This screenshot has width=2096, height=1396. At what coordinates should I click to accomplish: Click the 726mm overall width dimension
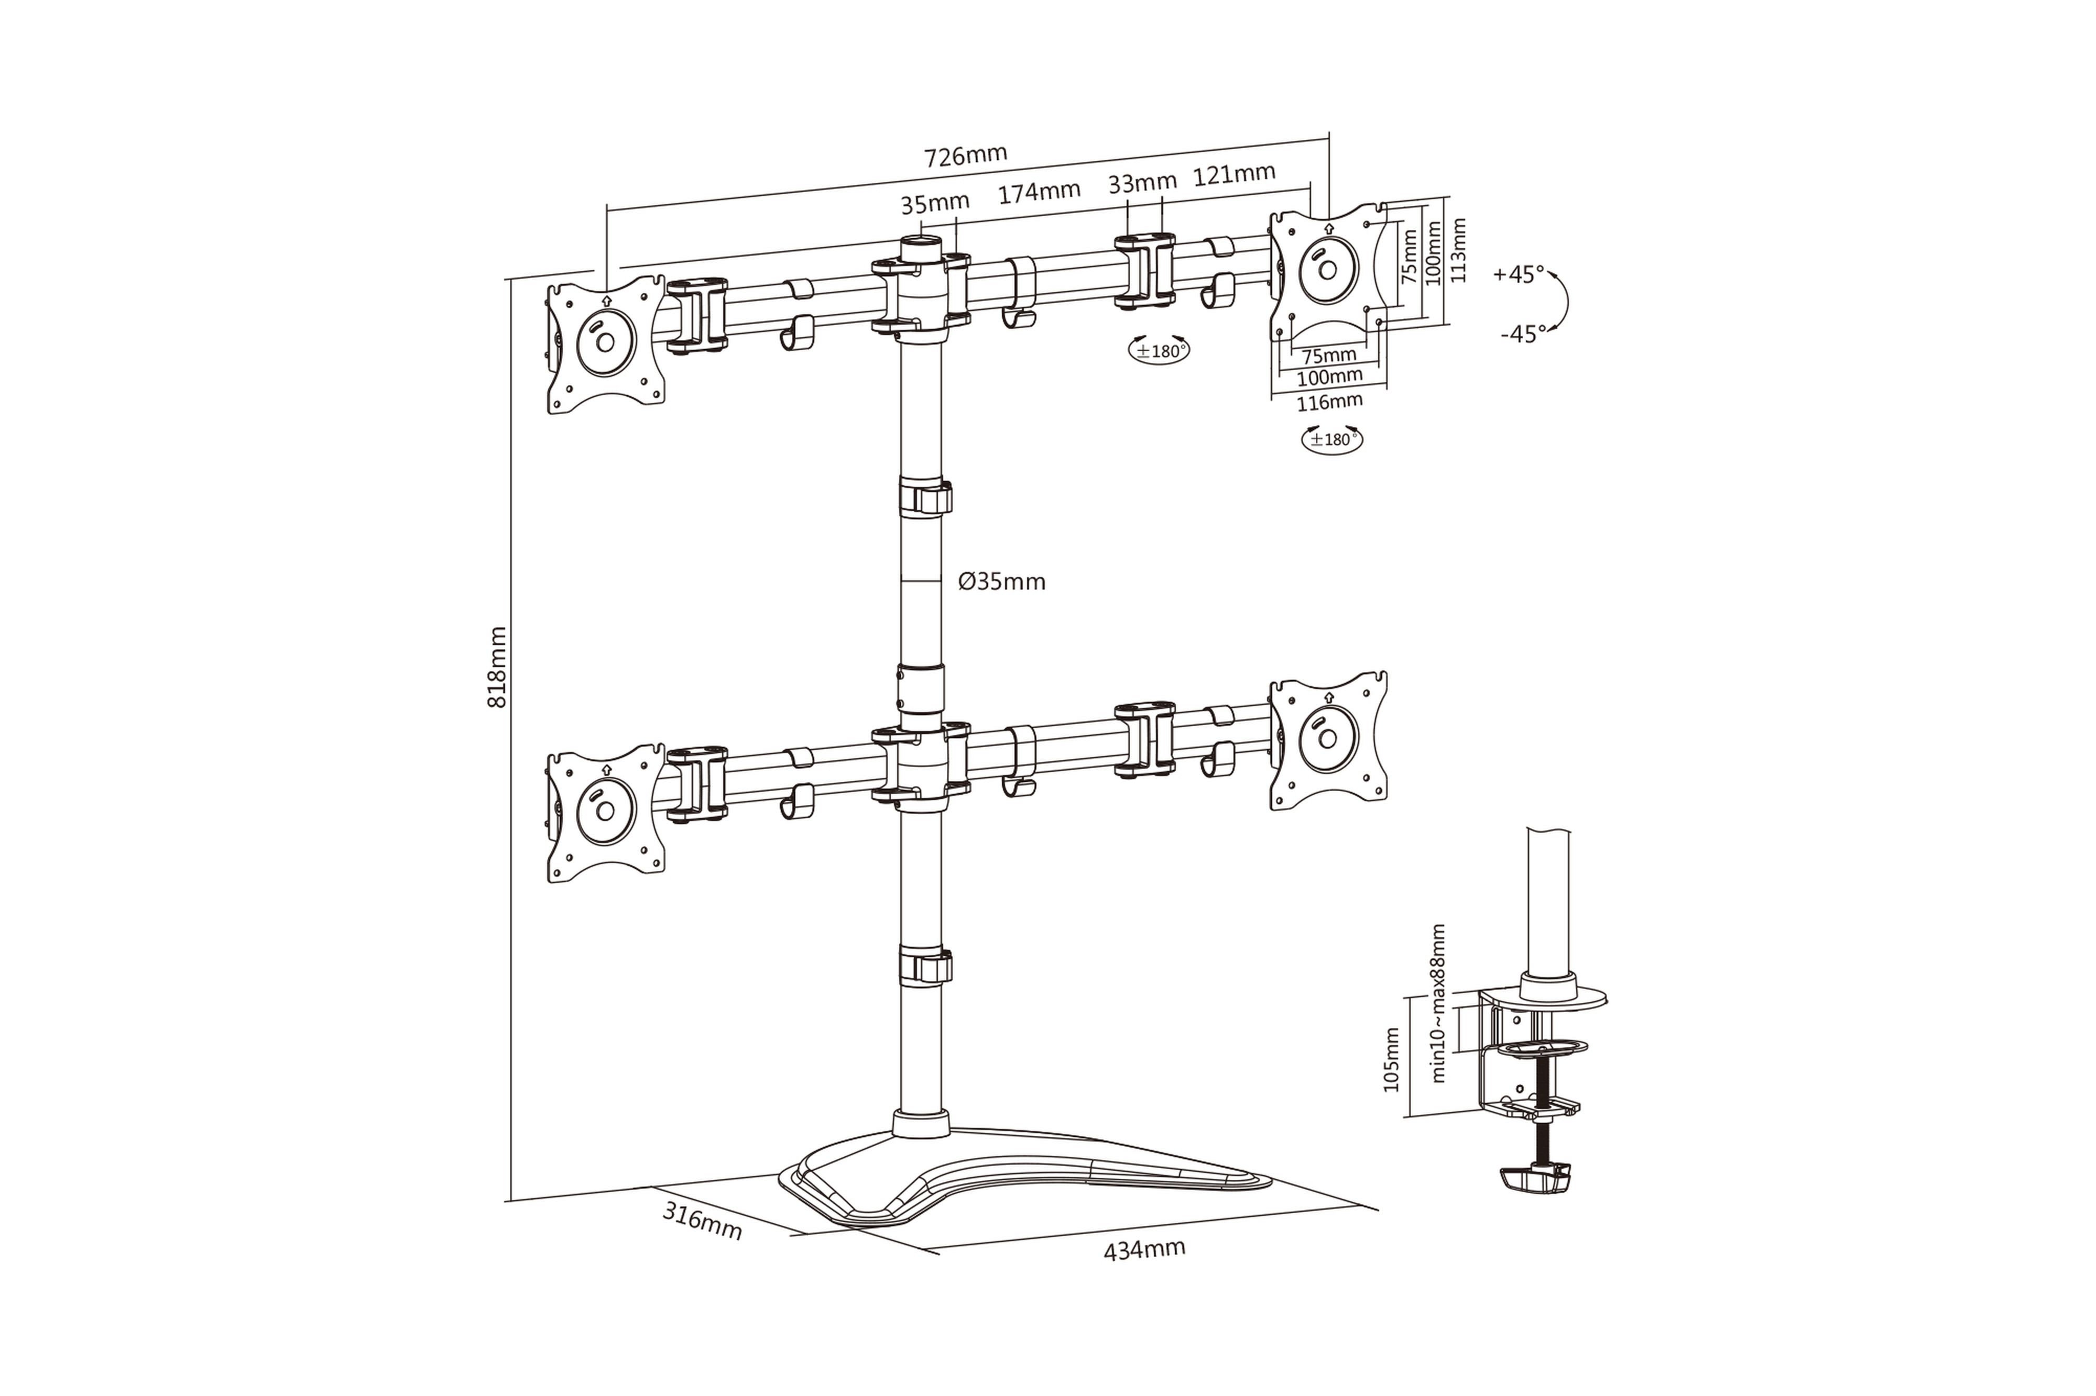[x=966, y=156]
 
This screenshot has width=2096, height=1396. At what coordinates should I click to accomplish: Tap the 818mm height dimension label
[x=497, y=667]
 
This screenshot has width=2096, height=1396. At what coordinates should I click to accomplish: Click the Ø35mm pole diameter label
[x=1001, y=582]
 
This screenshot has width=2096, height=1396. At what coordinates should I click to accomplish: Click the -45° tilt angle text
[x=1523, y=334]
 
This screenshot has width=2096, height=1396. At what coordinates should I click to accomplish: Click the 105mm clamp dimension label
[x=1391, y=1059]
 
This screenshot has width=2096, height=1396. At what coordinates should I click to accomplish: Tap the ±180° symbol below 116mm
[x=1331, y=439]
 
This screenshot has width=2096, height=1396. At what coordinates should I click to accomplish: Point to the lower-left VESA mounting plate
[x=606, y=813]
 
